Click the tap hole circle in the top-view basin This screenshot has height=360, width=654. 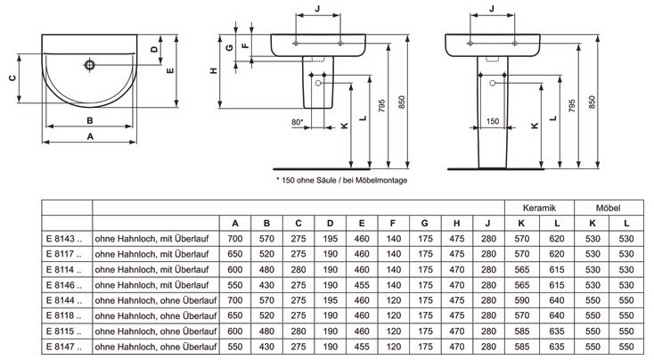(x=90, y=65)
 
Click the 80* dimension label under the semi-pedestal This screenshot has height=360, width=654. (x=298, y=122)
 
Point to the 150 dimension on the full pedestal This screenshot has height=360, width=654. (x=493, y=121)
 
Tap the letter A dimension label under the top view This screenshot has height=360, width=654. (x=90, y=136)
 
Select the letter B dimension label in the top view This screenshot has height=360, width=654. (x=90, y=120)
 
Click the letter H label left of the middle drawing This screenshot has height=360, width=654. (x=214, y=71)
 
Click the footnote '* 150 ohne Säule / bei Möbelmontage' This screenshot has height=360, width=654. (x=342, y=180)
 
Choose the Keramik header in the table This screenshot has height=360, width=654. (x=539, y=208)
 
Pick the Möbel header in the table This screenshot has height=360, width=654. (x=609, y=208)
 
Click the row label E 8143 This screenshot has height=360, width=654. (x=64, y=239)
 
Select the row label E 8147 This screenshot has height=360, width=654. (x=64, y=347)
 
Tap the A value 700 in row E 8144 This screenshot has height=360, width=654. (x=235, y=300)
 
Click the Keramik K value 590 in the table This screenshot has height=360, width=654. (x=522, y=300)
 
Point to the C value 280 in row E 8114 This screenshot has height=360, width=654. (x=298, y=269)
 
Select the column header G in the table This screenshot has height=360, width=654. (x=425, y=224)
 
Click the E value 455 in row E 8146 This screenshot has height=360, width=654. (x=362, y=285)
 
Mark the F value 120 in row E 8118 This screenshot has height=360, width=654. (x=393, y=315)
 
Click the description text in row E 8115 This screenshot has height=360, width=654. (x=156, y=331)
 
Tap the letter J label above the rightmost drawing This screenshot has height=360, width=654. (x=492, y=8)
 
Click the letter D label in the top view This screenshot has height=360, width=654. (x=154, y=49)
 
